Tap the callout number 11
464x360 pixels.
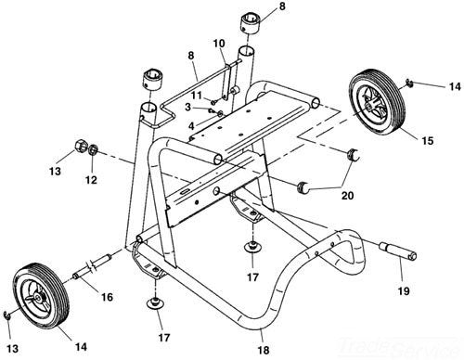coord(196,95)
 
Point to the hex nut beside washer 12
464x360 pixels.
coord(81,147)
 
